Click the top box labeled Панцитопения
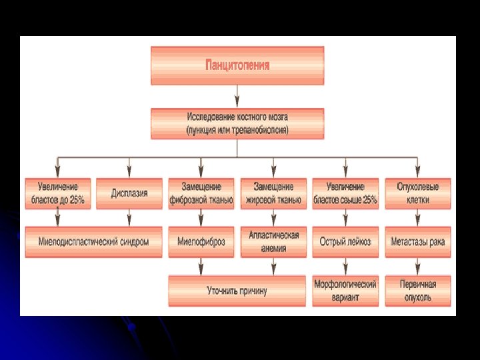[237, 65]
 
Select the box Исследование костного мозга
[237, 124]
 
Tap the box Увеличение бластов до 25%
[57, 193]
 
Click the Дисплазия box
[129, 193]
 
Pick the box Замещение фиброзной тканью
[201, 193]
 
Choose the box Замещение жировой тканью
[273, 193]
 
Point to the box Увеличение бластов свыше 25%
[345, 193]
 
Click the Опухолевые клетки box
[417, 193]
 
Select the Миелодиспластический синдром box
[93, 242]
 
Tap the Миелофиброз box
[201, 242]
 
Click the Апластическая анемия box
[273, 242]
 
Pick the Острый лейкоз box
[345, 242]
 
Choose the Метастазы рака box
[417, 242]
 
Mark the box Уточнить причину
[237, 291]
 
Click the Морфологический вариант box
[345, 291]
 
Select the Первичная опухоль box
[417, 291]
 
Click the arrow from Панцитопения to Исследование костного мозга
[237, 96]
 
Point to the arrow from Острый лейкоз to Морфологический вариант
[345, 266]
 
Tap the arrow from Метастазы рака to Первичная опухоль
[417, 266]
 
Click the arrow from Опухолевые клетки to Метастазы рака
[417, 218]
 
